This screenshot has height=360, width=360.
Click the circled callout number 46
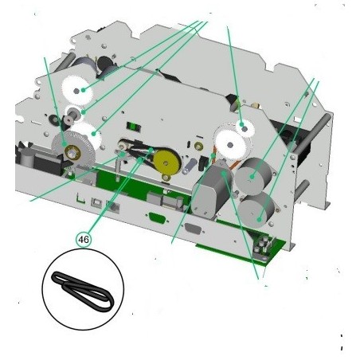[84, 240]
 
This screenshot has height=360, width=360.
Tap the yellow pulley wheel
[166, 162]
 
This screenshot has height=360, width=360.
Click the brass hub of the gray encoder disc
[72, 152]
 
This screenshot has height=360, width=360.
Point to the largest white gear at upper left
[77, 91]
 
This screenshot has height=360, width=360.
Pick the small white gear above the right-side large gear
[245, 128]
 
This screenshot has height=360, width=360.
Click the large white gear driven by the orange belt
[230, 145]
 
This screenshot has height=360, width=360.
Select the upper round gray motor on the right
[252, 176]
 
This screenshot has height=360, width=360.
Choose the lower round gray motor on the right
[257, 209]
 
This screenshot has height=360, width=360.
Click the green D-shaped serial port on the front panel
[158, 218]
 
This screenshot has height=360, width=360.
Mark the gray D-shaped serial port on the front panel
[193, 229]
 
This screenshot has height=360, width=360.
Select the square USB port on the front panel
[96, 202]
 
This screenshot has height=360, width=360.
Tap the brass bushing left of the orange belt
[198, 146]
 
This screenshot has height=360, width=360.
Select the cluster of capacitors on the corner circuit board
[262, 245]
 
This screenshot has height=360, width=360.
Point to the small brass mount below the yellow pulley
[166, 178]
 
